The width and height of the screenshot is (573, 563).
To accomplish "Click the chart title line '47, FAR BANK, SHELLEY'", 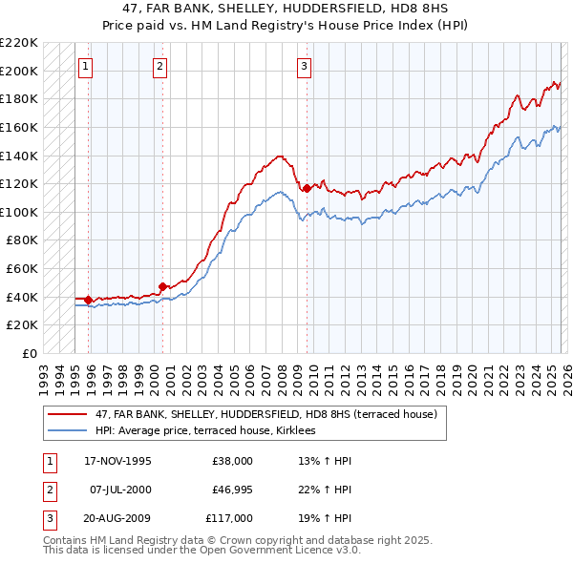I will click(x=286, y=8).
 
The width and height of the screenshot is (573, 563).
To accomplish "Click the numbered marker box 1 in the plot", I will click(x=87, y=66).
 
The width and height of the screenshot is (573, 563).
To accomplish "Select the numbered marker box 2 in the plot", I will click(x=159, y=66).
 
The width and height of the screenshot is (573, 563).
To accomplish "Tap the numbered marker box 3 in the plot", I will click(x=304, y=66).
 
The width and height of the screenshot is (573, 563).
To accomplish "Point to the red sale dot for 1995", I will click(x=88, y=300).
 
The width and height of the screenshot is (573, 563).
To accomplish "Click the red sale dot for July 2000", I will click(x=162, y=285).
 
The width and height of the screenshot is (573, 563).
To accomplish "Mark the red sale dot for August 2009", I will click(x=307, y=189).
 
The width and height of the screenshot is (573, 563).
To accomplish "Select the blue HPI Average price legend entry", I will click(x=211, y=431).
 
